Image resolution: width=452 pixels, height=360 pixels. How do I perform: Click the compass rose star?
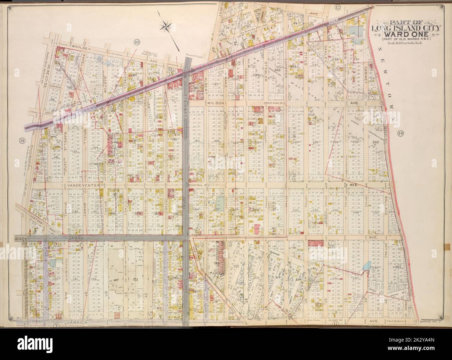pyautogui.click(x=170, y=25)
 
